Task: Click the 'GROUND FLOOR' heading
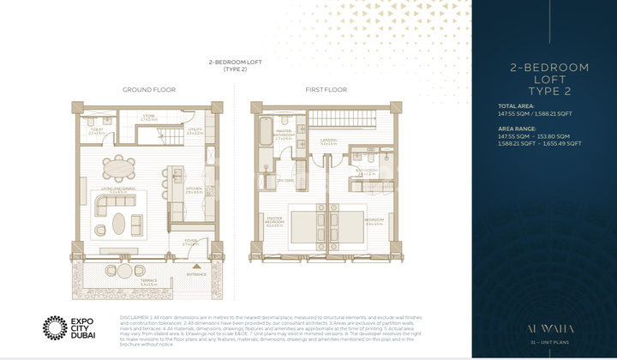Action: tap(148, 89)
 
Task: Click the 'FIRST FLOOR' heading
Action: tap(326, 89)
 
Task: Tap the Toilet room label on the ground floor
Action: tap(96, 132)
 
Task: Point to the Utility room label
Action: tap(195, 132)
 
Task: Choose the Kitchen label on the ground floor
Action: tap(195, 189)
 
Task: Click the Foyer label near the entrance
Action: tap(190, 243)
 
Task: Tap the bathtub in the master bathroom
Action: tap(262, 135)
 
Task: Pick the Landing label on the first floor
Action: tap(328, 142)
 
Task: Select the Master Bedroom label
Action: tap(274, 223)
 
